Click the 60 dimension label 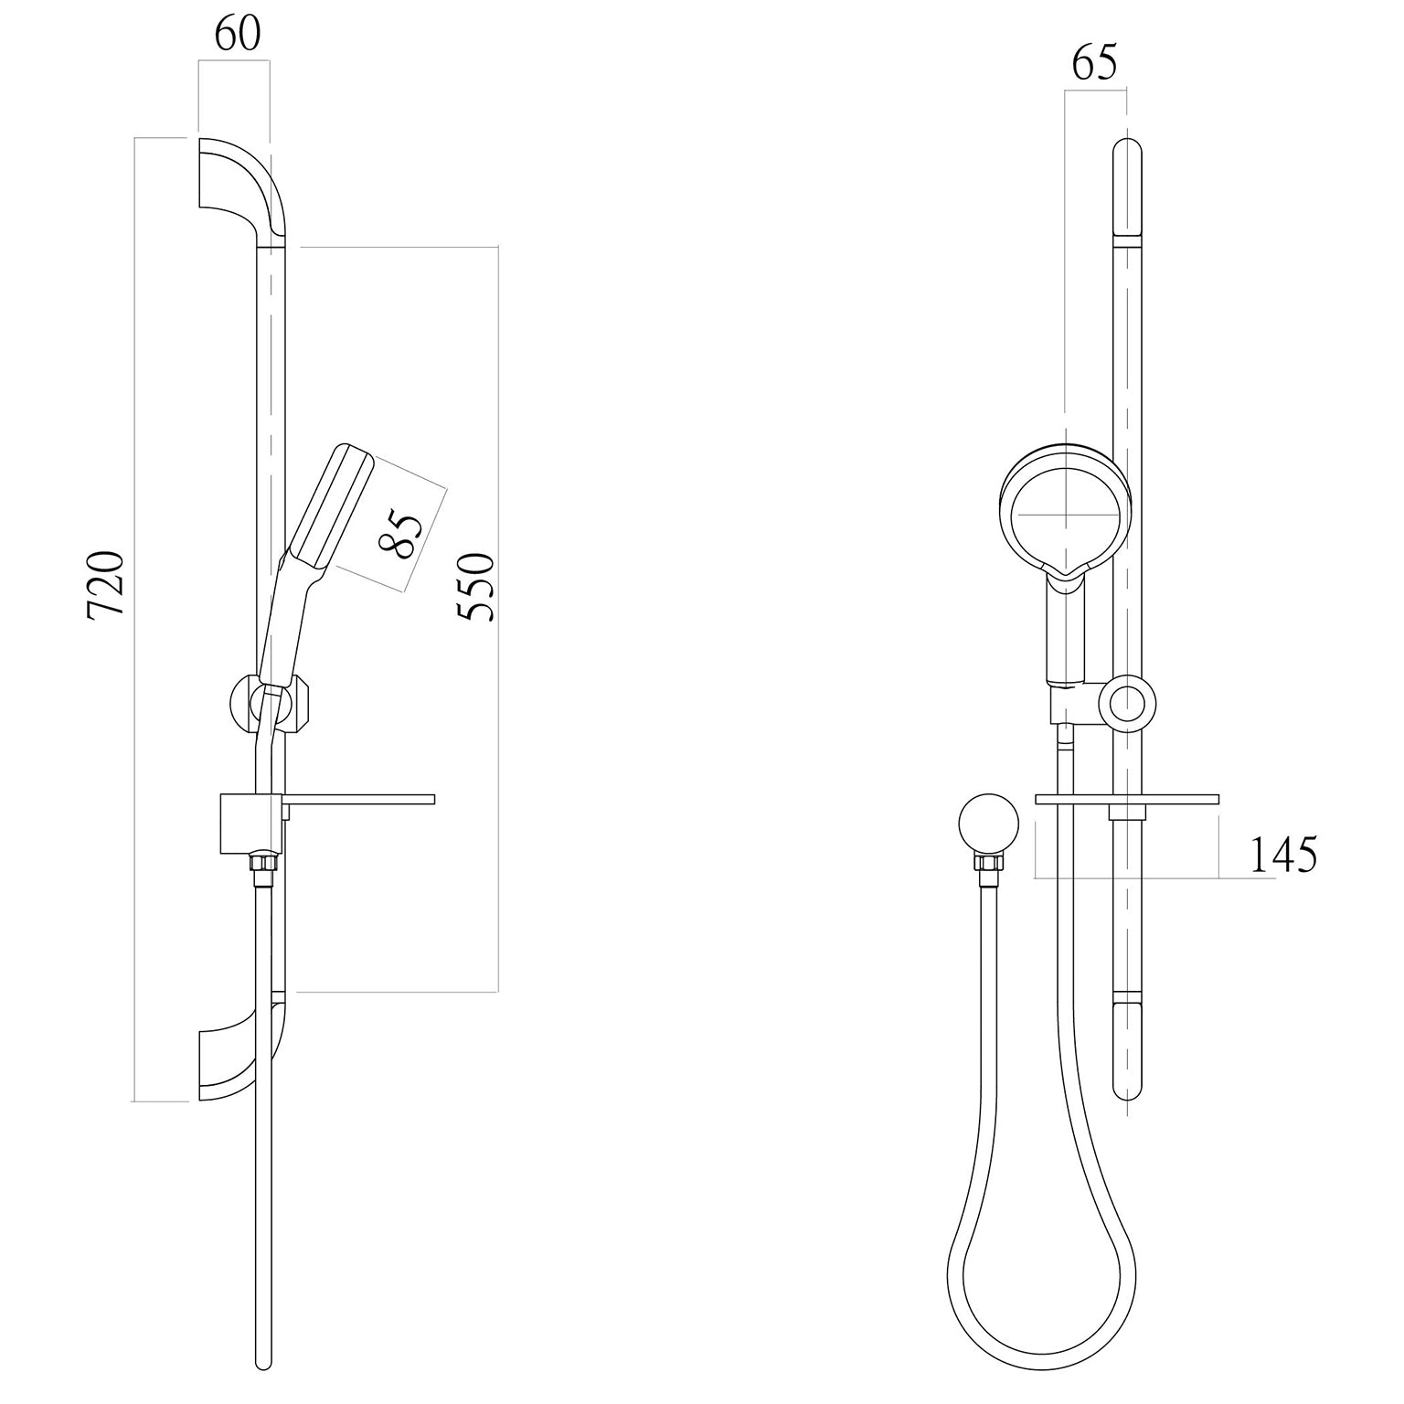tap(238, 34)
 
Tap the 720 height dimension tap(107, 585)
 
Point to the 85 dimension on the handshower tap(402, 535)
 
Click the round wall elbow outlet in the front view tap(989, 823)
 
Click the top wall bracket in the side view tap(245, 192)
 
